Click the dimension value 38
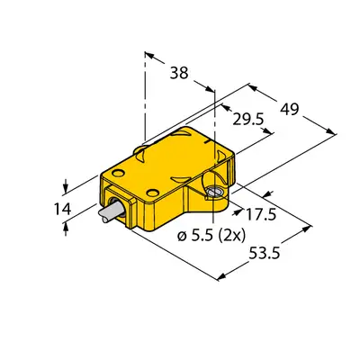click(x=179, y=73)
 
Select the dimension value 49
click(x=290, y=109)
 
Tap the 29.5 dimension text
click(x=248, y=120)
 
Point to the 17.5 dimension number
click(x=261, y=215)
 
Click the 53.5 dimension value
click(x=265, y=254)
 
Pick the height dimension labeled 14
click(x=62, y=209)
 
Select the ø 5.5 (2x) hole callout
click(x=211, y=236)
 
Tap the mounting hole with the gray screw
click(x=214, y=192)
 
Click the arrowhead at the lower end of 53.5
click(x=221, y=277)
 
